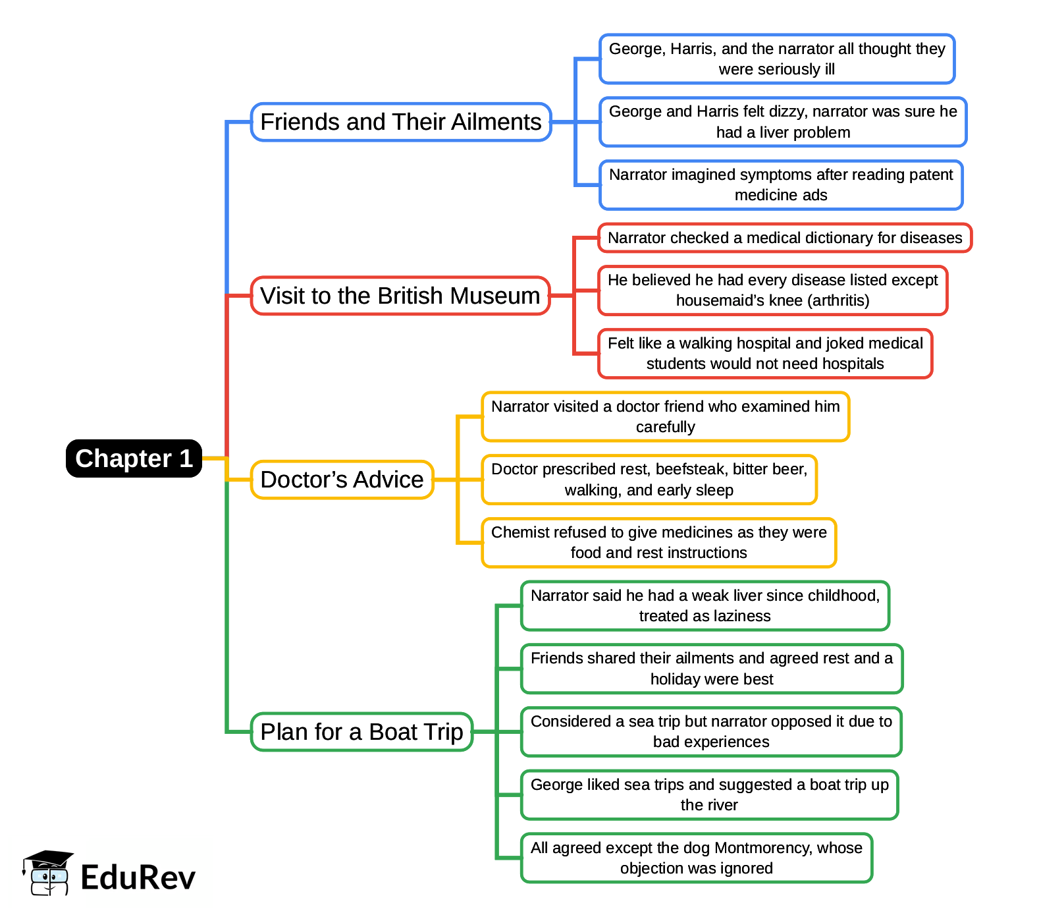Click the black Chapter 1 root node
coord(134,458)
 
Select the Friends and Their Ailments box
coord(400,122)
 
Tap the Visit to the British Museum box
coord(400,296)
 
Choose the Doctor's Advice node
coord(342,480)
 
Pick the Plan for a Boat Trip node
coord(361,732)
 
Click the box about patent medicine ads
coord(781,185)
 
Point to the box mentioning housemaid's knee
coord(772,291)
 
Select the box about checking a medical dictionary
coord(784,238)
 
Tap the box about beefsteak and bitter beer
coord(649,480)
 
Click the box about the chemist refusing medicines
coord(658,543)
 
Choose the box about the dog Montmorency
coord(696,858)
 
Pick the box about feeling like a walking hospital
coord(765,354)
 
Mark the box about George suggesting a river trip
coord(709,795)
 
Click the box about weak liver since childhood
coord(705,606)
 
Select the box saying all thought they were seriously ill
coord(776,59)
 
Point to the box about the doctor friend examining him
coord(665,417)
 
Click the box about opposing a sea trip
coord(710,732)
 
